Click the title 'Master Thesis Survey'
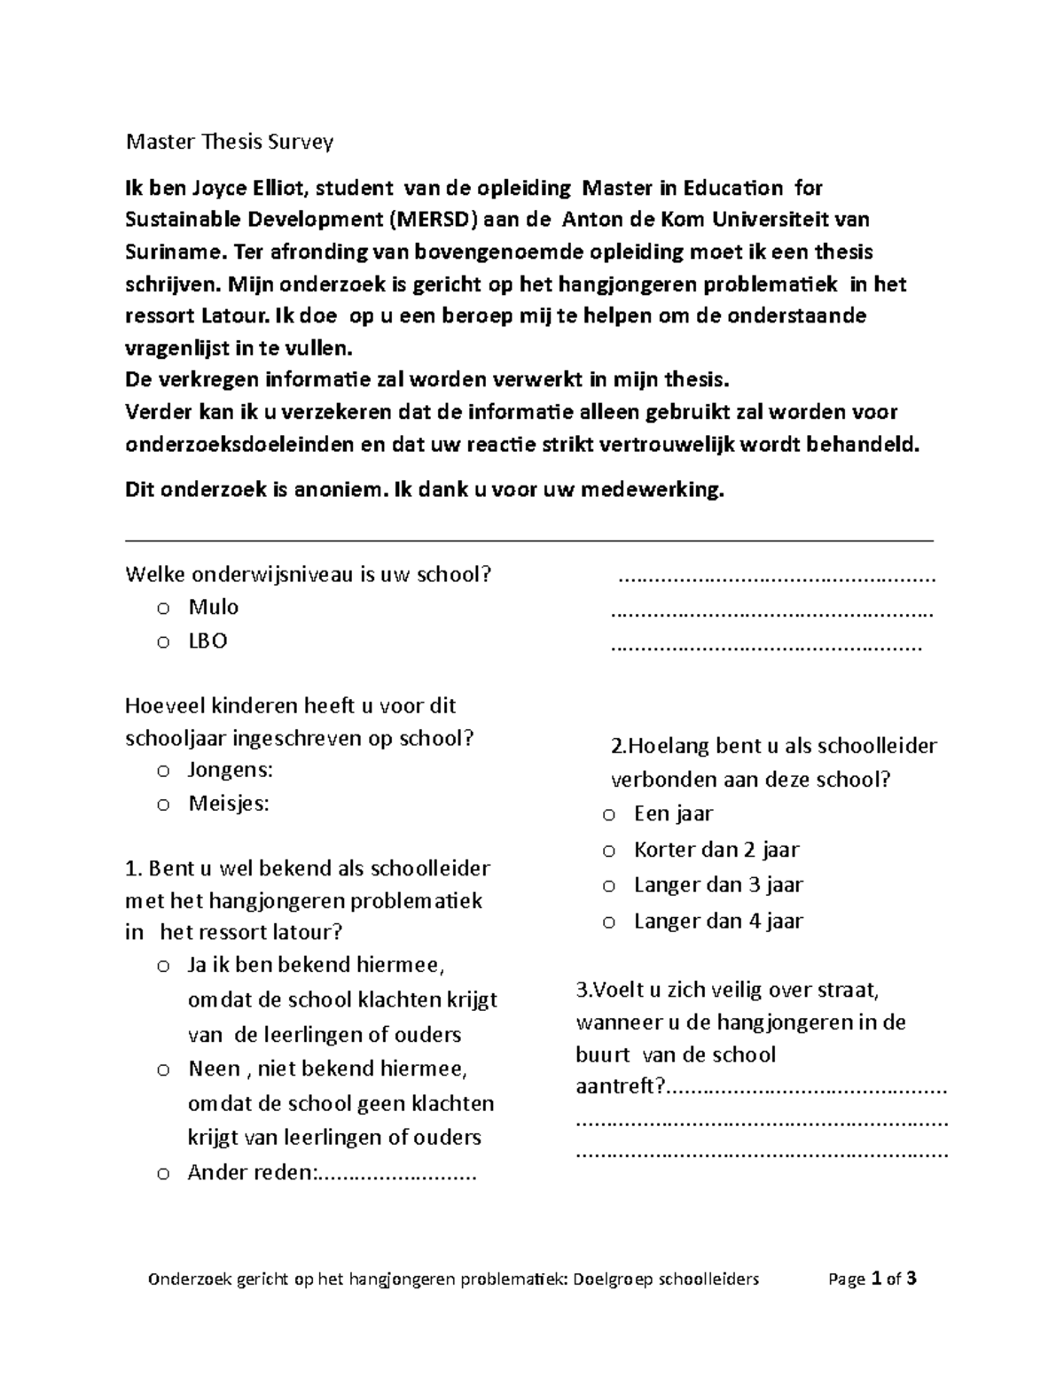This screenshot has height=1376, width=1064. coord(230,142)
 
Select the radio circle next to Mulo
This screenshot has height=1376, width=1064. coord(161,609)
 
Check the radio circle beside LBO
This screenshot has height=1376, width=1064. coord(161,642)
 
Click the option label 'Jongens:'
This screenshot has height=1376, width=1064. coord(230,769)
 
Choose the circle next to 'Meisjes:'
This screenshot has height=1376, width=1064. coord(161,805)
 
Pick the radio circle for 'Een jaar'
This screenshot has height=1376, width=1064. coord(608,814)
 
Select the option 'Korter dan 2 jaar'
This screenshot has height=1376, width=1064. coord(716,850)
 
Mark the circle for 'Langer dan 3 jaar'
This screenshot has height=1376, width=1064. coord(608,886)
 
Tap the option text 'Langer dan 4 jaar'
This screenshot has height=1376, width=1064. coord(718,921)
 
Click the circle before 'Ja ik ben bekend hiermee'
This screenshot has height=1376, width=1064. coord(161,967)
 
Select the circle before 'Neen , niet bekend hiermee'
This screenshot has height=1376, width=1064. coord(161,1070)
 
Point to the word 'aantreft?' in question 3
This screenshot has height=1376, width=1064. coord(620,1086)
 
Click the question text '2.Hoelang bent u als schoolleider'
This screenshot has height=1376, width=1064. coord(774,746)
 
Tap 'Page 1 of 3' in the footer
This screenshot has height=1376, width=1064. coord(872,1279)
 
